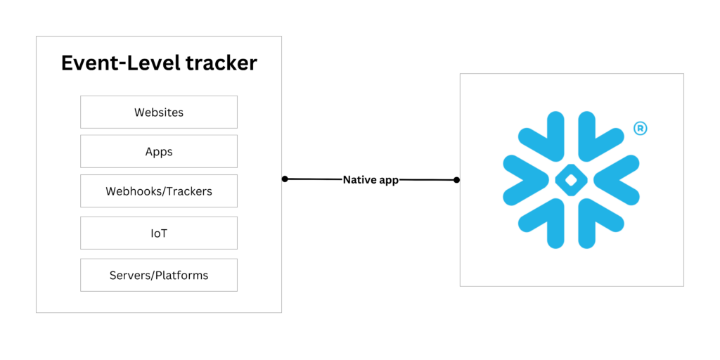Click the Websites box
158,112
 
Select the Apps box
158,151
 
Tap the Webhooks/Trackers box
158,191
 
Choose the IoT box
158,233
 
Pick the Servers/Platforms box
158,275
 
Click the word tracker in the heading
221,63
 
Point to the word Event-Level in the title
120,63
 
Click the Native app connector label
371,180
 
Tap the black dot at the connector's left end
285,179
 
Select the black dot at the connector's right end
456,180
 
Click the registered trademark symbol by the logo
640,128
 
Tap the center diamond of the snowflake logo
571,180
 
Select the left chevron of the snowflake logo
524,180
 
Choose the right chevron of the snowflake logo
619,180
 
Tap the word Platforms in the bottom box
184,275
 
